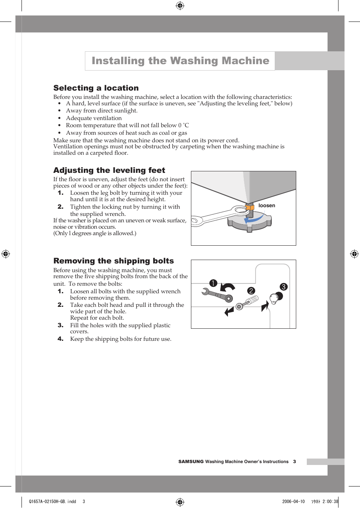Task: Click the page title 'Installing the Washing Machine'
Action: click(180, 61)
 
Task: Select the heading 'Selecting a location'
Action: click(96, 88)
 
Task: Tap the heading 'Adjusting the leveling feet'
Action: click(109, 170)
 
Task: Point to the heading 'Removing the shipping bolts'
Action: click(114, 261)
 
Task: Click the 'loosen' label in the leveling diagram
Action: click(266, 206)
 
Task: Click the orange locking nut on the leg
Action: click(249, 207)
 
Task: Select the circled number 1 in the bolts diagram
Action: click(213, 283)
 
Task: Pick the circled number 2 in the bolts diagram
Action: click(251, 291)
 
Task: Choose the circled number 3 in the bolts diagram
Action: click(283, 287)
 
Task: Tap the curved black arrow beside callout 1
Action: click(228, 288)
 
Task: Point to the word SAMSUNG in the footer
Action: click(191, 462)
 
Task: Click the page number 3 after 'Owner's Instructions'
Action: click(294, 462)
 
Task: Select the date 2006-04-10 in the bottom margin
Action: click(293, 502)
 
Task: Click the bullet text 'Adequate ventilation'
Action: click(94, 118)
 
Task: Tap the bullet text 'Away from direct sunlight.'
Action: click(102, 111)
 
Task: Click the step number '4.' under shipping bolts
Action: click(60, 339)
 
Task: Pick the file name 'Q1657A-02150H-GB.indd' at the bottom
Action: click(52, 502)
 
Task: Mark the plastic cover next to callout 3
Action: click(274, 298)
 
